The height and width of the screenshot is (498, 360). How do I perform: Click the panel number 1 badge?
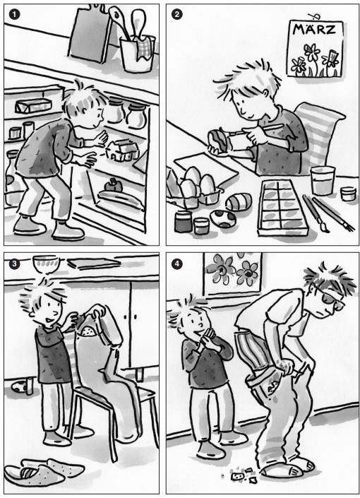(15, 15)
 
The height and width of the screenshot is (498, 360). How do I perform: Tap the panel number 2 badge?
(177, 15)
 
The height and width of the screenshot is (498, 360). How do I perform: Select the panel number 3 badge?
(15, 263)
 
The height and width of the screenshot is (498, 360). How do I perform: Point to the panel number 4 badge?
(177, 263)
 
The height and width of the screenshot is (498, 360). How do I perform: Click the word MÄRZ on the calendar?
(314, 30)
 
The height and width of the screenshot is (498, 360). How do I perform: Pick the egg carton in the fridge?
(123, 150)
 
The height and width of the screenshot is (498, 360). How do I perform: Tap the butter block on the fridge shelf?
(33, 105)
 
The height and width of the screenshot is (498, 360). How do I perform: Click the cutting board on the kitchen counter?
(90, 33)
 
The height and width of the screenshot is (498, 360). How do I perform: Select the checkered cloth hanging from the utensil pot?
(145, 47)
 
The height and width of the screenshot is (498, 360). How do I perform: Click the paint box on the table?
(283, 208)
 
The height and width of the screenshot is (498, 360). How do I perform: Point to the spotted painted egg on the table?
(223, 219)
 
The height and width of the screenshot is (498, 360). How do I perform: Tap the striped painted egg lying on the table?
(239, 201)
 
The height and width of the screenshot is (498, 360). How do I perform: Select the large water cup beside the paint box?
(323, 180)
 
